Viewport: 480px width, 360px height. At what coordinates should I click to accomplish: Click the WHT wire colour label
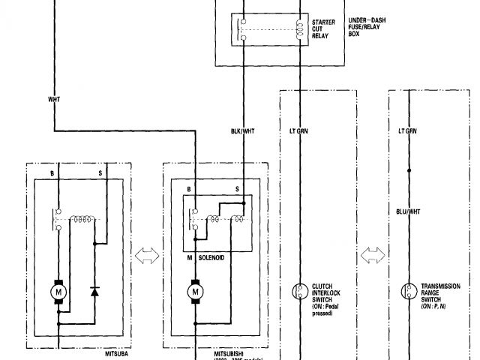54,98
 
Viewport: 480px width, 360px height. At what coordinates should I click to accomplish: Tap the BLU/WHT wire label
409,212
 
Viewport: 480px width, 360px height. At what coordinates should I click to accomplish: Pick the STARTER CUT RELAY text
324,28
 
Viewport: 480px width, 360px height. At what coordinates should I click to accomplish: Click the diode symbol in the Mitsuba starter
94,290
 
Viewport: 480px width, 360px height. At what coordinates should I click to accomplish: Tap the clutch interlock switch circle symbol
298,290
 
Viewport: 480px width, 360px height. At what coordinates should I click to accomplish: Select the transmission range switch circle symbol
409,290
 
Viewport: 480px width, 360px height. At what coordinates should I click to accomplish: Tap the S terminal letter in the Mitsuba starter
100,172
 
